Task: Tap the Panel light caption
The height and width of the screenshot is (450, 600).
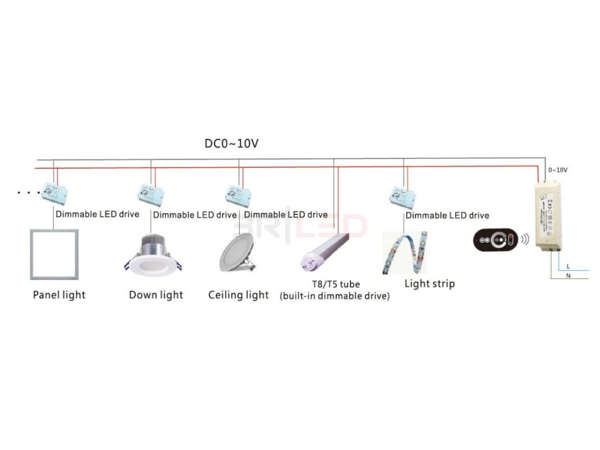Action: (59, 295)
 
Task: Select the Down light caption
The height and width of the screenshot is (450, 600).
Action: (156, 295)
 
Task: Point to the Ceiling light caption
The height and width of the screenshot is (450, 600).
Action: (238, 295)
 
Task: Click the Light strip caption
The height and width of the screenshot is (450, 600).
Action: (429, 284)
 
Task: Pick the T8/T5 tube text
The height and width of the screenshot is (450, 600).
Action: (336, 284)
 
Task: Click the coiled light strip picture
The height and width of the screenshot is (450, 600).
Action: (405, 253)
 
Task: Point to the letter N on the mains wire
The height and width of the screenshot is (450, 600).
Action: (568, 275)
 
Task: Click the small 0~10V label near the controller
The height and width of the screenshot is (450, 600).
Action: (557, 170)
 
